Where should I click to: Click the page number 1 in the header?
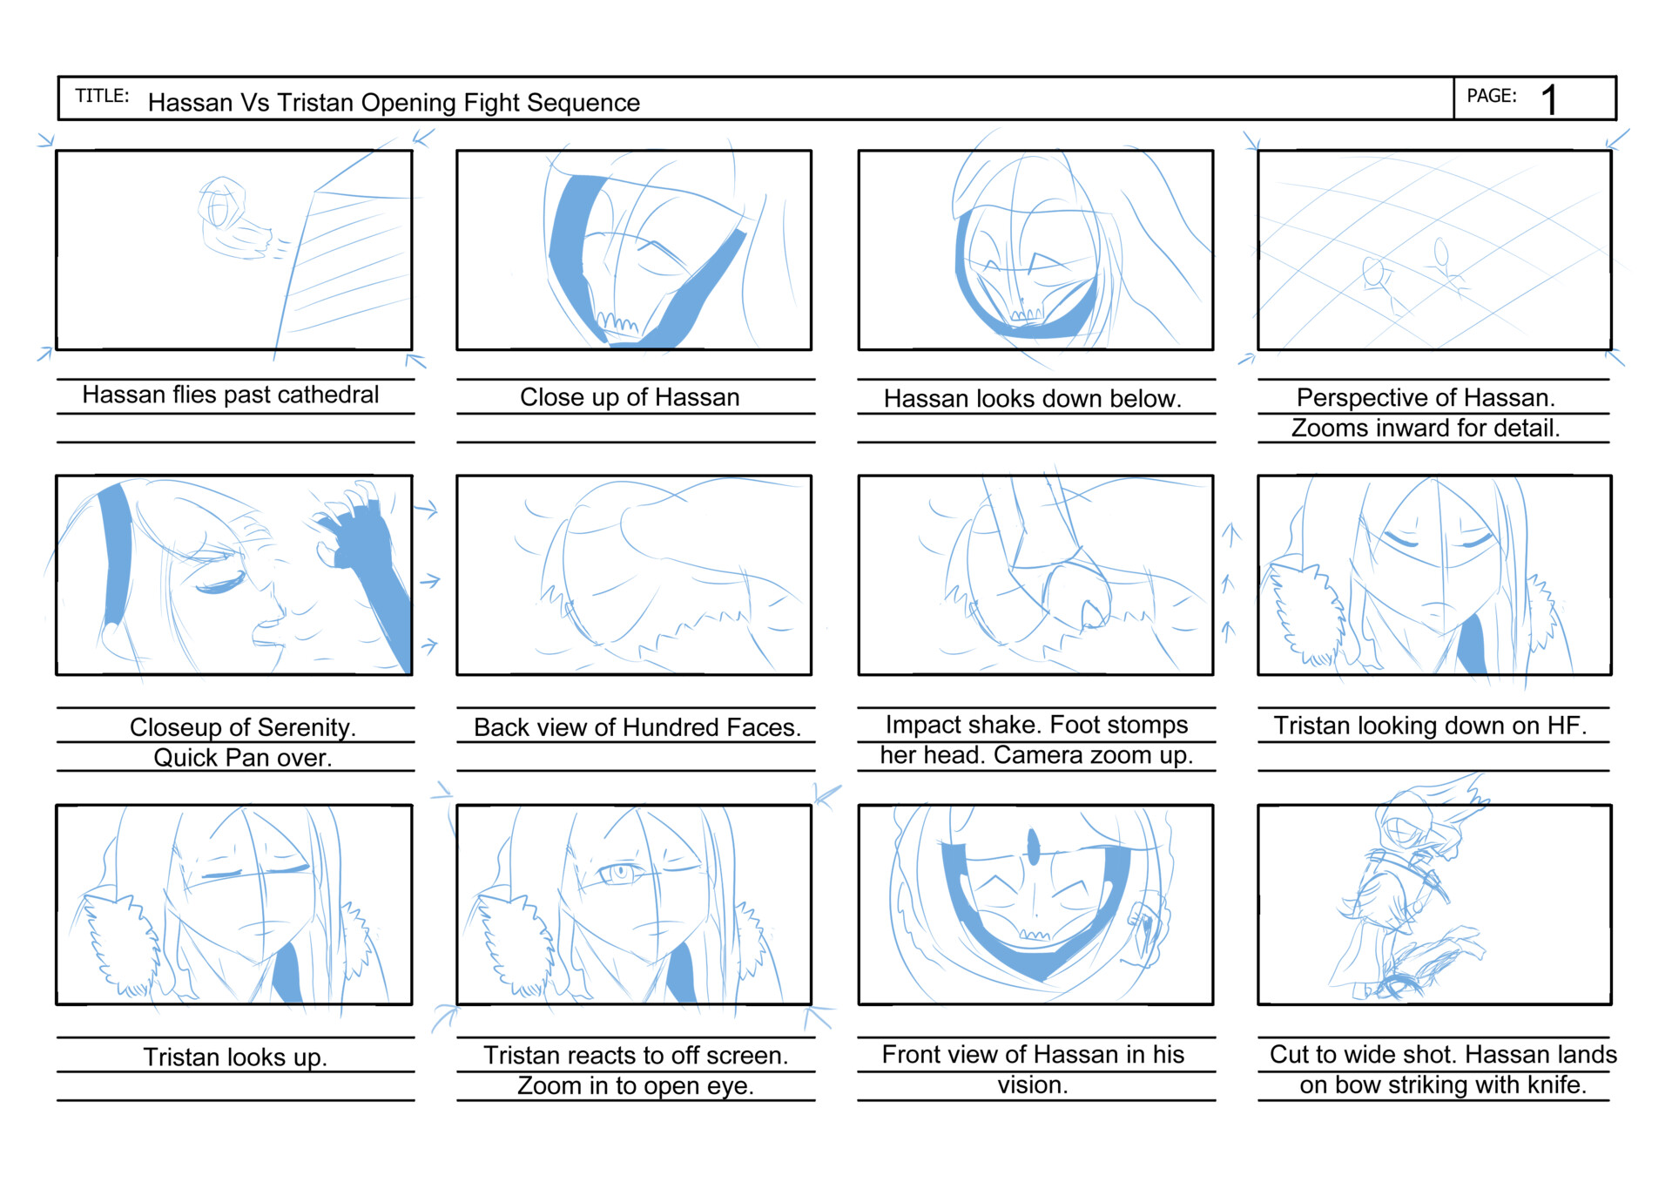[x=1548, y=99]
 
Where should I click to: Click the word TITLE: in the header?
[x=102, y=96]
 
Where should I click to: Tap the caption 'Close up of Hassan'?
[x=629, y=397]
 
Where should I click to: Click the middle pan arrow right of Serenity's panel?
[x=430, y=580]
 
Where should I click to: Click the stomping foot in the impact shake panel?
[x=1075, y=592]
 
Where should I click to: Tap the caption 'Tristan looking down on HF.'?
[x=1429, y=726]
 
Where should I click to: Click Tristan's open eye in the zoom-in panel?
[x=620, y=872]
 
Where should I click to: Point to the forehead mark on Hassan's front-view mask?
[x=1034, y=846]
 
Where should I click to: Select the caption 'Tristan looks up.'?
[x=235, y=1057]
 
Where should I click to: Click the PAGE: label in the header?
[x=1491, y=96]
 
